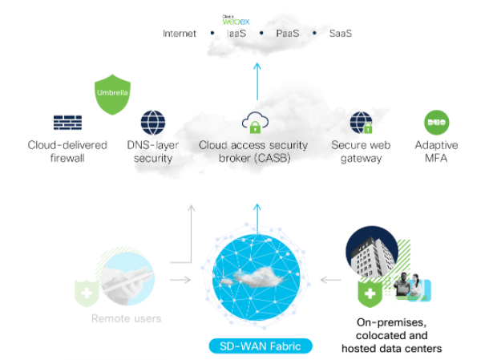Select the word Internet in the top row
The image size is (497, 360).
(x=180, y=34)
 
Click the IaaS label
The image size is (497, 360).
(x=237, y=34)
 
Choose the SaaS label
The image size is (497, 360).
(x=341, y=34)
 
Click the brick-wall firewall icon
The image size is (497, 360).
(x=67, y=123)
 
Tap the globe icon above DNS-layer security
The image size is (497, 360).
(x=152, y=123)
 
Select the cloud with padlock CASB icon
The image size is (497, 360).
(x=255, y=123)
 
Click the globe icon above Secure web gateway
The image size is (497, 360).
(x=361, y=123)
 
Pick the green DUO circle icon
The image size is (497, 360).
(x=436, y=123)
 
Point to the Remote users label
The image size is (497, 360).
(x=126, y=318)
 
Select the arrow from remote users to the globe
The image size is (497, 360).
(x=181, y=280)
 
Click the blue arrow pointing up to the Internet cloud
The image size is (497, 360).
(x=257, y=79)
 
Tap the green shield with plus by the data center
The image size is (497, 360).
(x=370, y=294)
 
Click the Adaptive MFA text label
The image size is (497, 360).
(x=437, y=152)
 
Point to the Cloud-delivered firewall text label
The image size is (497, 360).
(x=67, y=152)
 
